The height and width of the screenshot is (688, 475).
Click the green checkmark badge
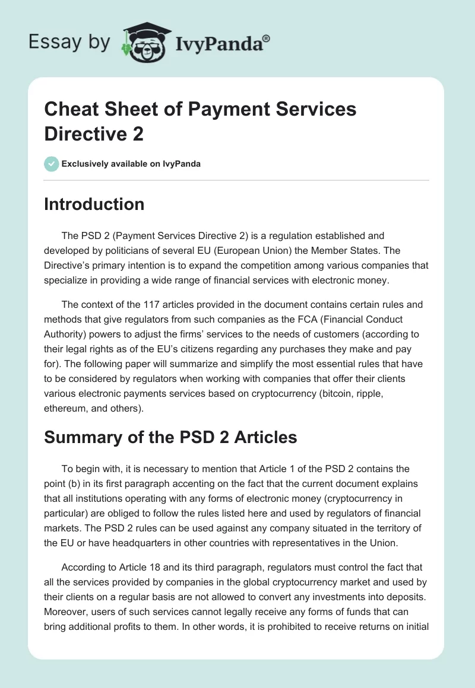click(x=52, y=164)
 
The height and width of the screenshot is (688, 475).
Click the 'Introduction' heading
click(x=94, y=204)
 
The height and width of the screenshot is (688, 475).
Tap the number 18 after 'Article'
click(x=159, y=568)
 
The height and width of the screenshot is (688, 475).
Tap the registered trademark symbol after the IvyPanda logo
click(x=267, y=38)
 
